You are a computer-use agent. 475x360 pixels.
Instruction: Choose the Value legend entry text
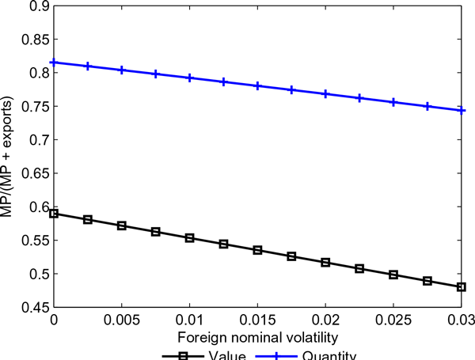tap(230, 355)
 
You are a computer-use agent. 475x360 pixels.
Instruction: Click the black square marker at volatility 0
tap(54, 214)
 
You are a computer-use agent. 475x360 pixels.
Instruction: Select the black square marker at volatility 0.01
tap(189, 237)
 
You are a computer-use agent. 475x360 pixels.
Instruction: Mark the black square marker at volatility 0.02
tap(325, 262)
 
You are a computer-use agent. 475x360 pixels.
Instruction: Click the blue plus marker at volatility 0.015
tap(257, 85)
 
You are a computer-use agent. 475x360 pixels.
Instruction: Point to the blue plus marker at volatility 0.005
tap(121, 70)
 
